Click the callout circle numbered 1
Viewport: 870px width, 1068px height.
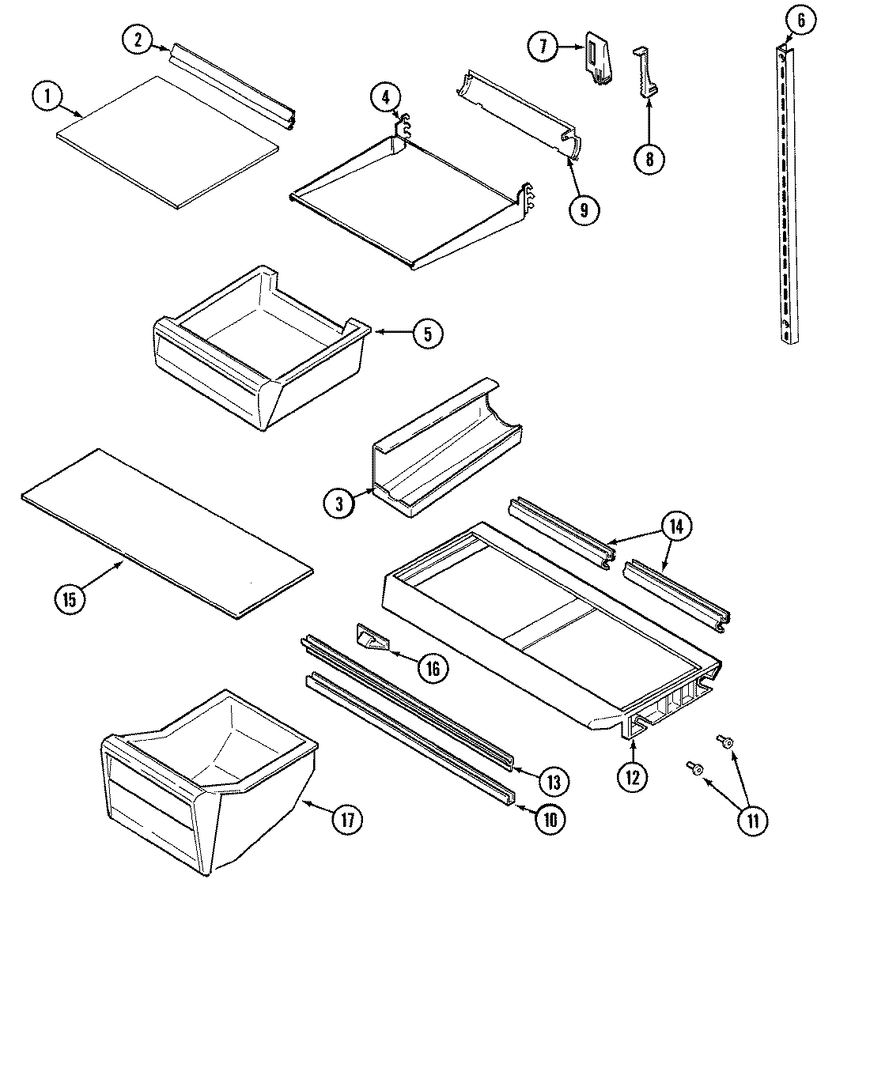coord(47,96)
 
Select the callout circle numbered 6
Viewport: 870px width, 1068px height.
coord(800,21)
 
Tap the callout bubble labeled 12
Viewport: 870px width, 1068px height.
coord(633,776)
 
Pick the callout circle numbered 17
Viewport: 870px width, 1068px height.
coord(346,819)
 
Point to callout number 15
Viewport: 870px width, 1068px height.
coord(70,598)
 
